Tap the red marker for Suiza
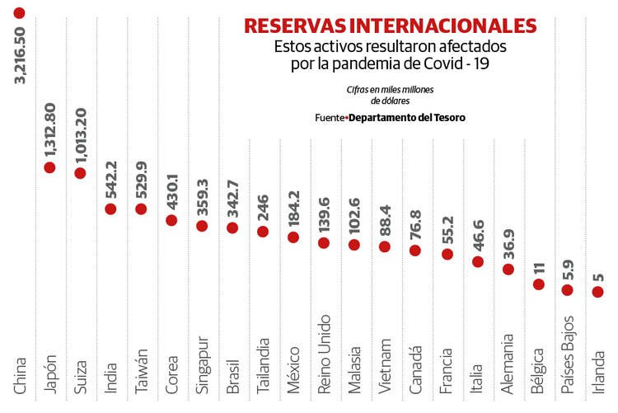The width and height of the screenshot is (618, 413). [x=80, y=173]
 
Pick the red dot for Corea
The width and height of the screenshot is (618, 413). [x=171, y=220]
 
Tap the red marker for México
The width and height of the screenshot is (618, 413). [x=293, y=237]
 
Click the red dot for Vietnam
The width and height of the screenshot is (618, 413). [x=385, y=246]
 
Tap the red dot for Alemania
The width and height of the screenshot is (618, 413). [x=508, y=269]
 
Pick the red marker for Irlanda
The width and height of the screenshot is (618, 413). [x=598, y=292]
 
